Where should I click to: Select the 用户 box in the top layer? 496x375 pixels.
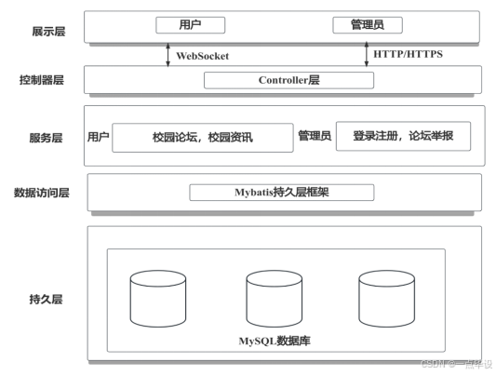(x=190, y=25)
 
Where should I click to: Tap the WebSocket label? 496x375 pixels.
(x=202, y=56)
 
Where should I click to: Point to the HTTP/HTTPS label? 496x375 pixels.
(x=408, y=55)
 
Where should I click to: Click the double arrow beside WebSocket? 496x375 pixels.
(x=168, y=54)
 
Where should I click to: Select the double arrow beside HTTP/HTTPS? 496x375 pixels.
(x=367, y=54)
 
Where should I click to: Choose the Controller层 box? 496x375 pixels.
(x=288, y=80)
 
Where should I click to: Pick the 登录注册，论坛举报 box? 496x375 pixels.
(x=402, y=137)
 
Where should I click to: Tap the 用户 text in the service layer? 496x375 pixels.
(x=98, y=138)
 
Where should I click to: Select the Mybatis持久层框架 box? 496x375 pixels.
(x=281, y=193)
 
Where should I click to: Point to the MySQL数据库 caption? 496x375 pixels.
(x=275, y=341)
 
